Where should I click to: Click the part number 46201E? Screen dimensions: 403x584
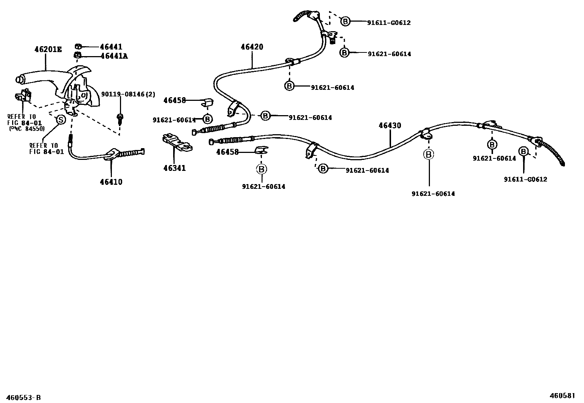coord(48,49)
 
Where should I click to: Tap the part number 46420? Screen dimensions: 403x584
coord(252,47)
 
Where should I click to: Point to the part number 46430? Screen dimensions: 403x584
coord(390,125)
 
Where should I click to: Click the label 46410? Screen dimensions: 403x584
coord(112,182)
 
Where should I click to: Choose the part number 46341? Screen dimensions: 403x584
coord(175,168)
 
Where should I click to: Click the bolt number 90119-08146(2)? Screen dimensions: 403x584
coord(128,95)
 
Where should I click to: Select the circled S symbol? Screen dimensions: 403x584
coord(60,120)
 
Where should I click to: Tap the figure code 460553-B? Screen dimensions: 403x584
coord(23,397)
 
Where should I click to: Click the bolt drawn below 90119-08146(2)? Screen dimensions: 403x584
coord(120,118)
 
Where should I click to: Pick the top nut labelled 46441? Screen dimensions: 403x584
coord(78,47)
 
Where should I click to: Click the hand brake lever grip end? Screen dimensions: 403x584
coord(19,80)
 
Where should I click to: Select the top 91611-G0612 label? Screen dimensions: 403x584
coord(389,23)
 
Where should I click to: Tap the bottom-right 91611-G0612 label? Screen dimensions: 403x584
coord(525,179)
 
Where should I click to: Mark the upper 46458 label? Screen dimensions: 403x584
coord(175,100)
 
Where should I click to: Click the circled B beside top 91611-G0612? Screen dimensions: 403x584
coord(345,21)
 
